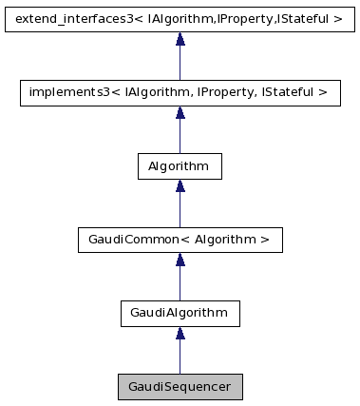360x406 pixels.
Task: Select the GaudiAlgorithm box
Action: click(x=180, y=312)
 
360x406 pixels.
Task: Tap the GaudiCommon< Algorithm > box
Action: click(x=180, y=239)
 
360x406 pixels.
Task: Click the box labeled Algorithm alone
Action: click(x=180, y=165)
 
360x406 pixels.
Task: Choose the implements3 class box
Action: click(x=180, y=92)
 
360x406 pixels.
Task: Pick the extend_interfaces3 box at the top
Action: click(x=180, y=19)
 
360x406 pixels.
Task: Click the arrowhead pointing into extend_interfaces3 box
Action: click(x=180, y=39)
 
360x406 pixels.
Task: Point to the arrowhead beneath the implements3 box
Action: click(x=180, y=112)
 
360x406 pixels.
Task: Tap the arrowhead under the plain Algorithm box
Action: click(x=180, y=185)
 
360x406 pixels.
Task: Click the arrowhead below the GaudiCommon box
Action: click(x=180, y=259)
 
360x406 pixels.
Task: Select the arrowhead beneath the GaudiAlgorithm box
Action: click(x=180, y=332)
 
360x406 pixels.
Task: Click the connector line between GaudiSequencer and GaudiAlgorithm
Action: click(x=180, y=357)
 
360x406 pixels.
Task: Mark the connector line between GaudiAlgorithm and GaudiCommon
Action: click(x=180, y=283)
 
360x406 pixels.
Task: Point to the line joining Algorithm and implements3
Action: click(x=180, y=136)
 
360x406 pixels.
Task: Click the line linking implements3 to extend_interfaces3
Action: click(x=180, y=63)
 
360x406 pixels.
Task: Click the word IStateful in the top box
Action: click(x=306, y=19)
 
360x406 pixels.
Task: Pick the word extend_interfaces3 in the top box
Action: click(x=72, y=19)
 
